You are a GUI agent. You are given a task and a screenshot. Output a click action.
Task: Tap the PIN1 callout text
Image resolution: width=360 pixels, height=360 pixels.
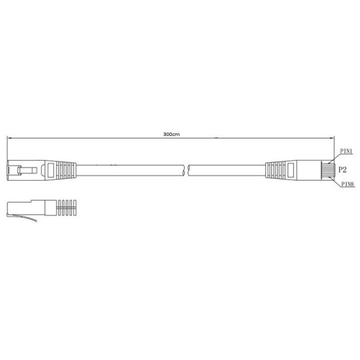click(346, 151)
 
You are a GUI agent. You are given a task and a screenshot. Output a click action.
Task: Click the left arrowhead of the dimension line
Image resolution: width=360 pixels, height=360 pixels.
click(10, 139)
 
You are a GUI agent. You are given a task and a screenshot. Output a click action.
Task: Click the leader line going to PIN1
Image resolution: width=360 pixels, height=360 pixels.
click(334, 155)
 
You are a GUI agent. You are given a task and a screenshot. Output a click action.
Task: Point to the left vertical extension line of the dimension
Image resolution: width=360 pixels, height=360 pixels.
click(7, 150)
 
